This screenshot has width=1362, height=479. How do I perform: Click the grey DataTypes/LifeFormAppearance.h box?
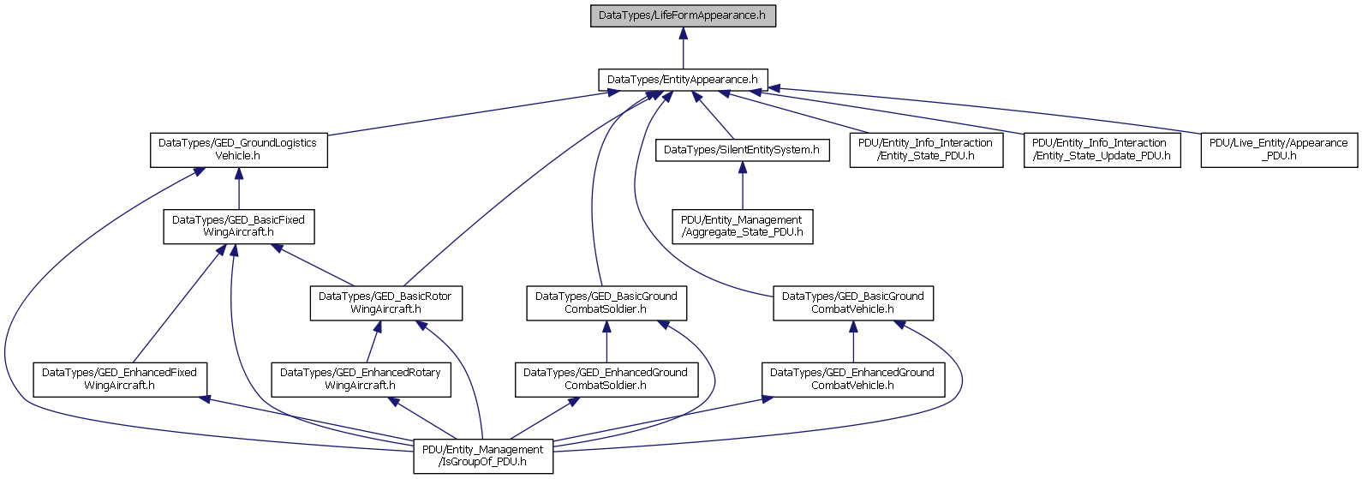(683, 15)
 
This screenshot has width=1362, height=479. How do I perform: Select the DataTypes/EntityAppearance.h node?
(683, 80)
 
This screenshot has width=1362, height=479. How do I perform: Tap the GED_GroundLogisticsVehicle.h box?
(239, 150)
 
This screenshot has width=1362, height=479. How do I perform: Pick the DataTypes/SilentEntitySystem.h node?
(743, 150)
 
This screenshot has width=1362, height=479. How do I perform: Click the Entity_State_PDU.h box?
(926, 150)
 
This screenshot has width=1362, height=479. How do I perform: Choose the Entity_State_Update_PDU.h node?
(1102, 150)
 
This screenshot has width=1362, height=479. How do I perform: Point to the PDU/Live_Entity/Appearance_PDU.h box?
(1279, 150)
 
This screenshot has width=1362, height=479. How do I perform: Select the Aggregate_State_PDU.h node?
(743, 226)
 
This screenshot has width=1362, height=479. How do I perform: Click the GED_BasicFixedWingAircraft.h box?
(239, 226)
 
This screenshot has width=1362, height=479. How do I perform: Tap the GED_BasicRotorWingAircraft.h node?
(386, 302)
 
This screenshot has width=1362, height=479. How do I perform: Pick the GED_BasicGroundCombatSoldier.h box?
(606, 302)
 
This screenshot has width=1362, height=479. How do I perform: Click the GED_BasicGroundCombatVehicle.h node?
(853, 302)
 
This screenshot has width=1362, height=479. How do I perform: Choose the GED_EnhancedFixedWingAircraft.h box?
(120, 380)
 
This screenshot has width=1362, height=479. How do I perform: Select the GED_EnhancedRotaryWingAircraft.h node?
(361, 380)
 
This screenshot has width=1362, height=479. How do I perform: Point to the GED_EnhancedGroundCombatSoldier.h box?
(606, 380)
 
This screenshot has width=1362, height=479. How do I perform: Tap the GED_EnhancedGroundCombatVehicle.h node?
(853, 380)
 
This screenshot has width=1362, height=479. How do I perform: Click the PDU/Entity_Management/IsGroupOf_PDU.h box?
(483, 456)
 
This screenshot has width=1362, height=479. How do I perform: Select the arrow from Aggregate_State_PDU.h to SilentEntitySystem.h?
(743, 185)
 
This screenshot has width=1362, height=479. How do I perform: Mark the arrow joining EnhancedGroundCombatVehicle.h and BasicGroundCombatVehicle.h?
(853, 342)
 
